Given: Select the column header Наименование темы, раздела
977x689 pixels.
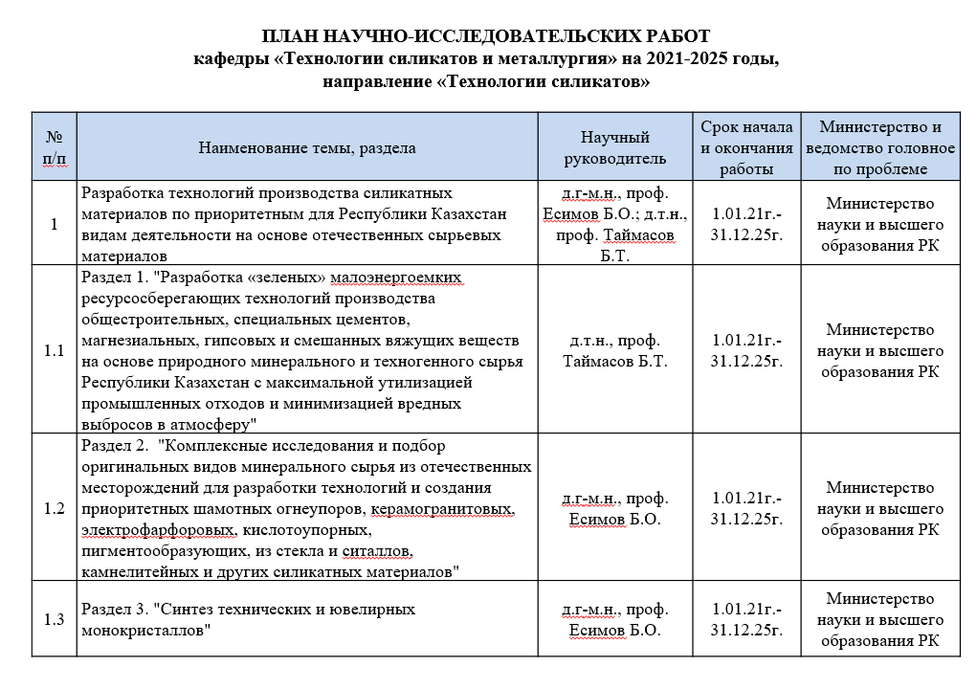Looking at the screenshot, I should coord(306,148).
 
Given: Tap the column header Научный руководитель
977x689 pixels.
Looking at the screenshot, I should coord(615,148).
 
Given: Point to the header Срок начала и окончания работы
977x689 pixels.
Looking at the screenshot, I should coord(746,148).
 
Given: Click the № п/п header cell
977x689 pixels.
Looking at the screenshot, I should coord(55,148).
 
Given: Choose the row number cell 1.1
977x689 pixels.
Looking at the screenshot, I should coord(55,350).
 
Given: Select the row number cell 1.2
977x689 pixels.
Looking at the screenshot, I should coord(55,507).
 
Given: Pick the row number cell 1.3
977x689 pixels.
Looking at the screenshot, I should coord(55,619).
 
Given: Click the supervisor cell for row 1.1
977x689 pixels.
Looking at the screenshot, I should coord(615,350).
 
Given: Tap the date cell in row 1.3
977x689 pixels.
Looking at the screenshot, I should coord(746,619).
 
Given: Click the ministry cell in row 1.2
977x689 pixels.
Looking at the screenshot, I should coord(880,507).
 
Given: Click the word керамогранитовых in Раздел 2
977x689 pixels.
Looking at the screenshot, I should coord(455,507).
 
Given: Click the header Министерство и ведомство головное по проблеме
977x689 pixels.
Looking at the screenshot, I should coord(880,148).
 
